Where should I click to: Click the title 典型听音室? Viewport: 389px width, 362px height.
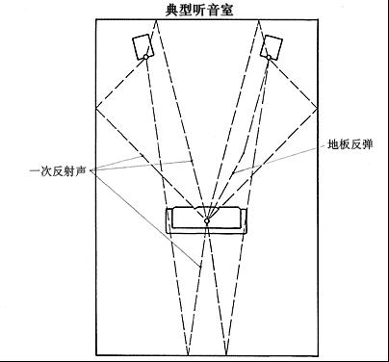[x=199, y=10]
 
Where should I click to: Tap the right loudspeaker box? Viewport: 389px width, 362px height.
[x=272, y=46]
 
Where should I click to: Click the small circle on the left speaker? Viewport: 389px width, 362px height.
[x=146, y=57]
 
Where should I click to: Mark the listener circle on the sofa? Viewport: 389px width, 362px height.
[x=206, y=221]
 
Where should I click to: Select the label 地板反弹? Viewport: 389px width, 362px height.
[x=350, y=144]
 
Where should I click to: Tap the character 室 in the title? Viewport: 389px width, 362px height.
[x=227, y=10]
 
